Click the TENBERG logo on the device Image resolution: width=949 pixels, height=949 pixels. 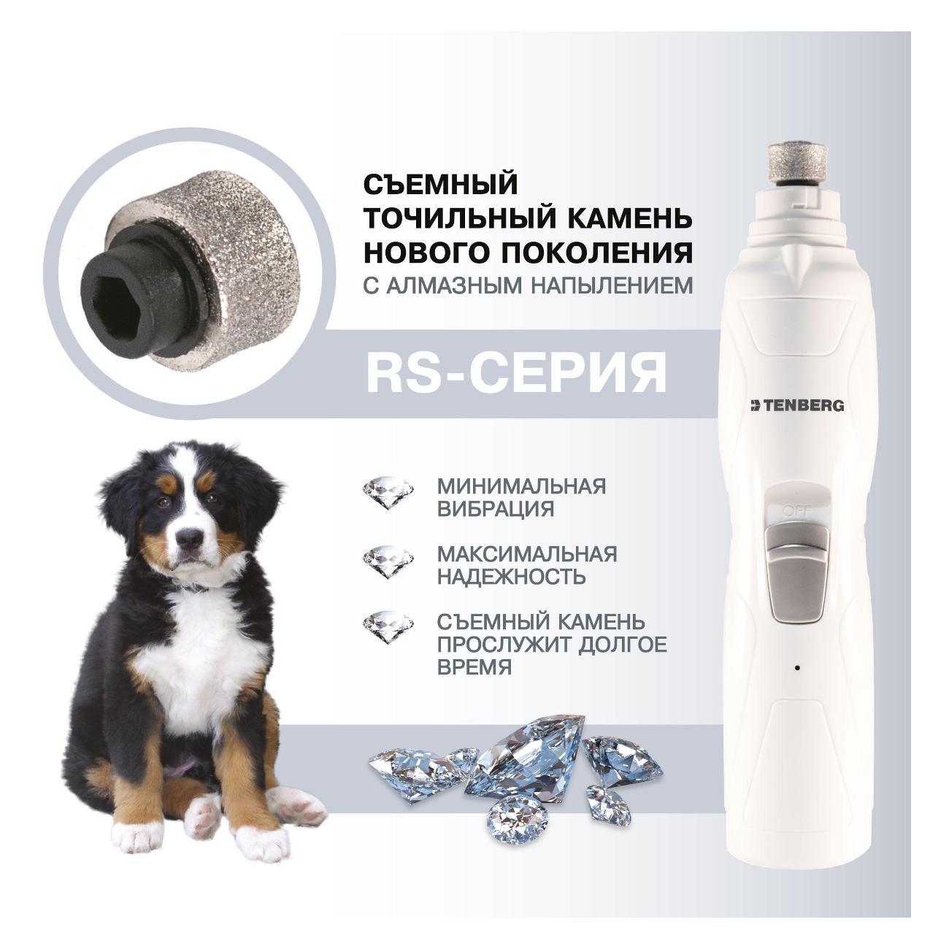pyautogui.click(x=796, y=405)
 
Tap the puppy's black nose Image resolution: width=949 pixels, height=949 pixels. pyautogui.click(x=189, y=537)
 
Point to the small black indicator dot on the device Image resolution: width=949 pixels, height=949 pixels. pyautogui.click(x=796, y=667)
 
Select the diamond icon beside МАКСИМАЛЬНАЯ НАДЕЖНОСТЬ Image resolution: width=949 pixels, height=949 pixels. pyautogui.click(x=388, y=561)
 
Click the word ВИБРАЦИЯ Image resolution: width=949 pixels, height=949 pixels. pyautogui.click(x=496, y=508)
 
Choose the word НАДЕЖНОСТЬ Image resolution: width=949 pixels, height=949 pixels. pyautogui.click(x=511, y=576)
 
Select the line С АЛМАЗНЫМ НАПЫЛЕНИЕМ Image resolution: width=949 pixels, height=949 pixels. pyautogui.click(x=529, y=285)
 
